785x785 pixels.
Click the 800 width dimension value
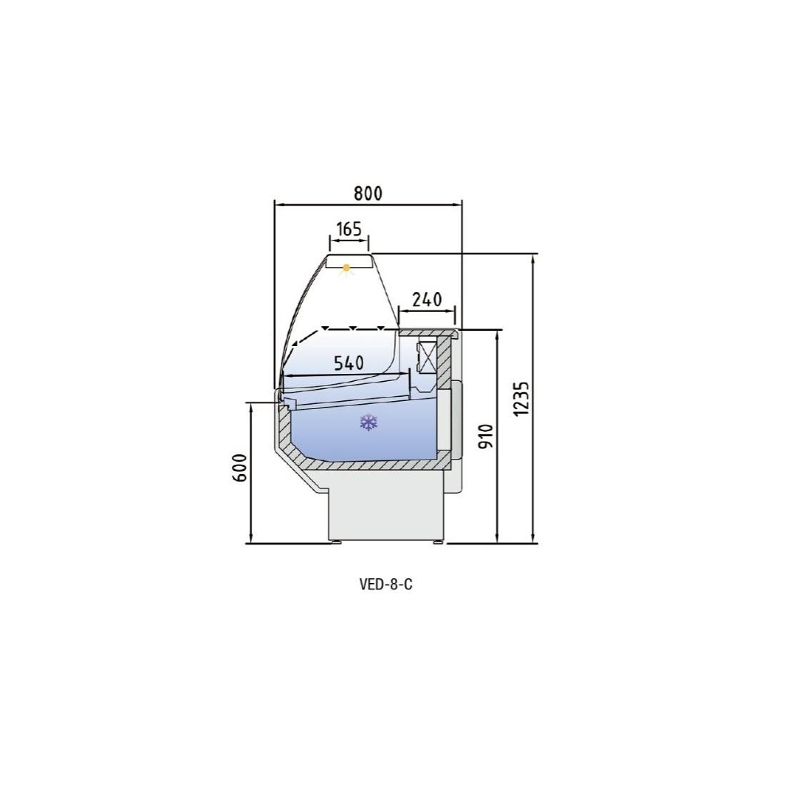click(368, 193)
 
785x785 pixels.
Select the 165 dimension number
click(349, 229)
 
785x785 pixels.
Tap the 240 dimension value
click(427, 300)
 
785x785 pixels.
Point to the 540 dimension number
click(349, 363)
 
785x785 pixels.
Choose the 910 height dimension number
click(486, 437)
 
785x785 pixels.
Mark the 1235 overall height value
click(521, 398)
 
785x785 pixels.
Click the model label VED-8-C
click(385, 584)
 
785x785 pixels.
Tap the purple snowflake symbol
click(368, 422)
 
